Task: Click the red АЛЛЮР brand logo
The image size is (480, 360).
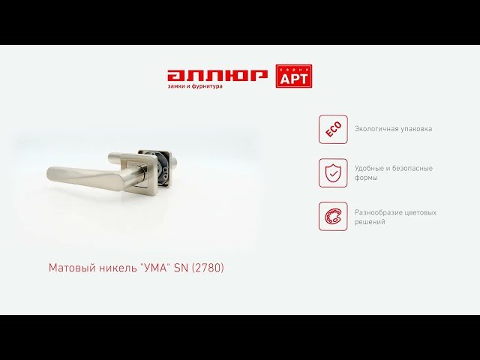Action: [x=217, y=76]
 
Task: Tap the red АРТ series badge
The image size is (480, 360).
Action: [x=294, y=76]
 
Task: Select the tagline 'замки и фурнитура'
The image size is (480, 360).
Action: [x=195, y=86]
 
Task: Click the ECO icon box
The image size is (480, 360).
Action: [x=333, y=129]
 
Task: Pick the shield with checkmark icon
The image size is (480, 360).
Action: [x=333, y=173]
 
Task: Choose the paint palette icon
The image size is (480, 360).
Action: [x=333, y=217]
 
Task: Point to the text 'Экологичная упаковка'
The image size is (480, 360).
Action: [x=393, y=129]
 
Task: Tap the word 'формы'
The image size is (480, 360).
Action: [x=366, y=178]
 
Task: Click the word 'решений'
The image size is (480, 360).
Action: [x=370, y=222]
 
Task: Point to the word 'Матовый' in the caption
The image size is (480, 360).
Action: [x=72, y=268]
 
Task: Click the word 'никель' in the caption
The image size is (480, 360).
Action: [x=117, y=268]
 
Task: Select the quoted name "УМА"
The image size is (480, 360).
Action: [x=154, y=268]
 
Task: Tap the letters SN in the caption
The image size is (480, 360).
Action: [x=181, y=268]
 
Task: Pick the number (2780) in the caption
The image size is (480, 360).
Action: [x=208, y=268]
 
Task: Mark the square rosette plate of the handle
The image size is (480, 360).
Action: [x=135, y=173]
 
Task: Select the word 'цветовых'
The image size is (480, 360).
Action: [x=421, y=213]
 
